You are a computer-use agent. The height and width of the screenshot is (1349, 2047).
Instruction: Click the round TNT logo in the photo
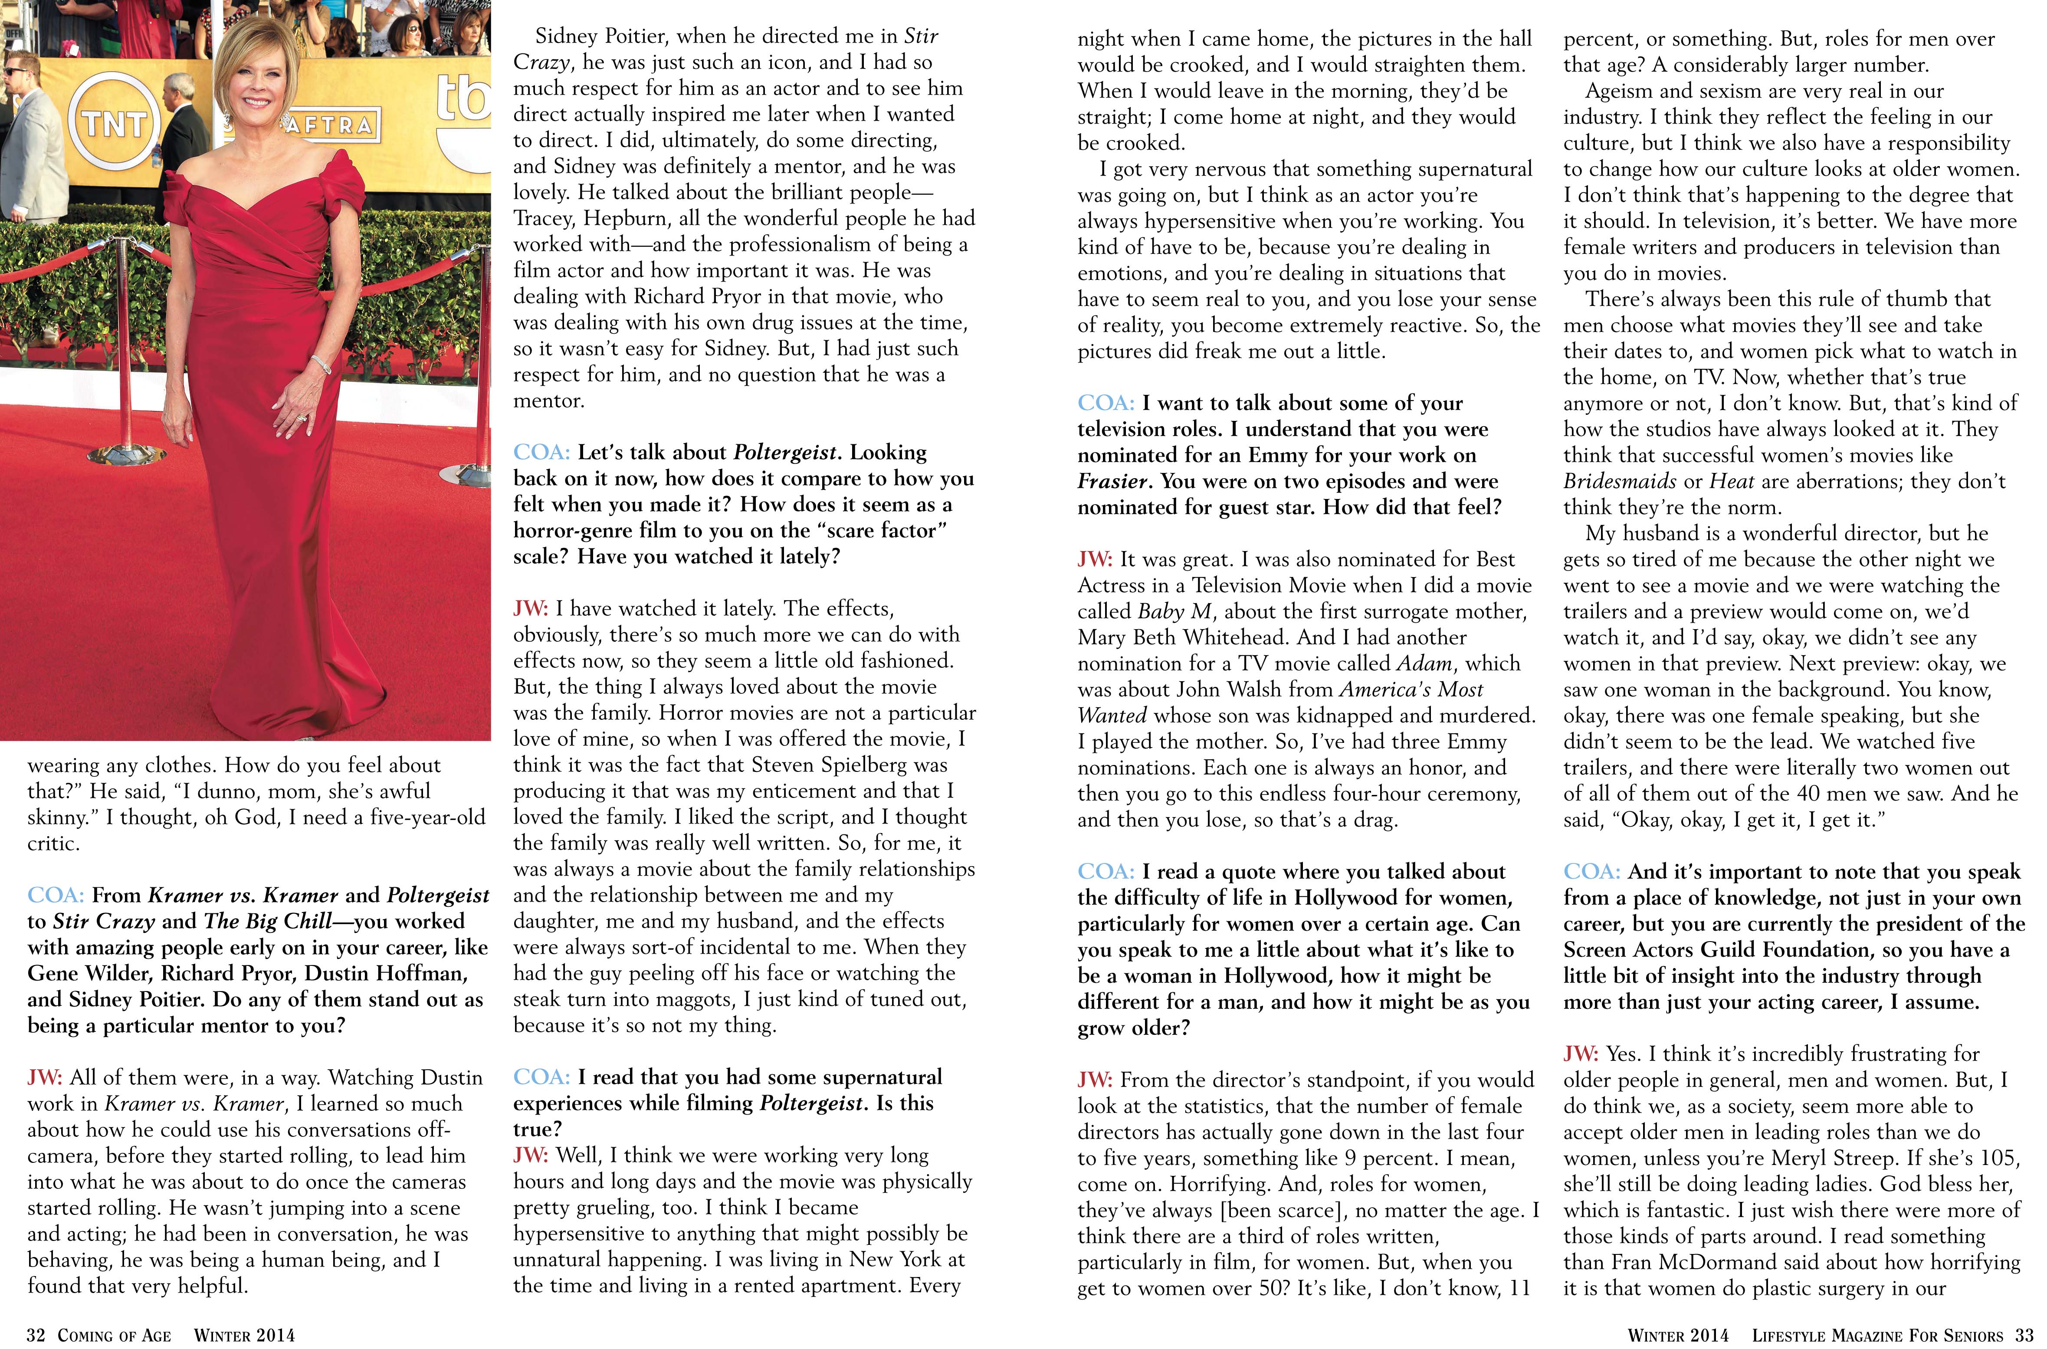tap(112, 123)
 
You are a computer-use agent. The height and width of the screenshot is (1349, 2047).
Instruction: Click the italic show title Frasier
tap(1112, 481)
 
